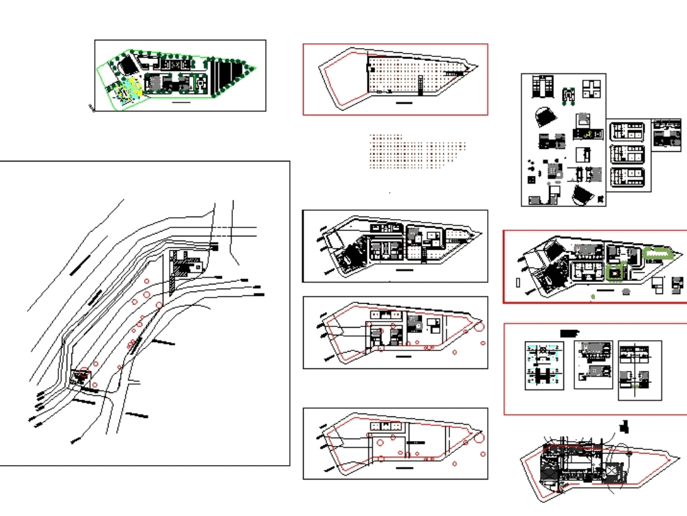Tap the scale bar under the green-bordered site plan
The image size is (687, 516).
pyautogui.click(x=181, y=102)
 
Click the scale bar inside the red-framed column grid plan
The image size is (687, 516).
pyautogui.click(x=405, y=102)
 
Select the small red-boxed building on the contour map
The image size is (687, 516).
pyautogui.click(x=82, y=376)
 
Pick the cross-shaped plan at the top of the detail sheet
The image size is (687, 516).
pyautogui.click(x=592, y=88)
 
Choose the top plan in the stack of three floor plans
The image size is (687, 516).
pyautogui.click(x=627, y=132)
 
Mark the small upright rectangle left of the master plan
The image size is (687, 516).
pyautogui.click(x=517, y=282)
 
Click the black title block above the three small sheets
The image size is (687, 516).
pyautogui.click(x=570, y=333)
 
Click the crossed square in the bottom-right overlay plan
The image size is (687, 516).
pyautogui.click(x=610, y=471)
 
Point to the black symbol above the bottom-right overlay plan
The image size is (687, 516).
pyautogui.click(x=624, y=426)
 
